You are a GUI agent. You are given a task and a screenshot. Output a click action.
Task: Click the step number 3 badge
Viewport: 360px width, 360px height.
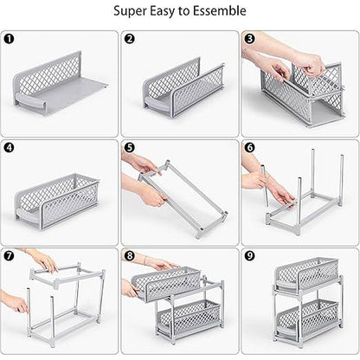[x=249, y=40]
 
